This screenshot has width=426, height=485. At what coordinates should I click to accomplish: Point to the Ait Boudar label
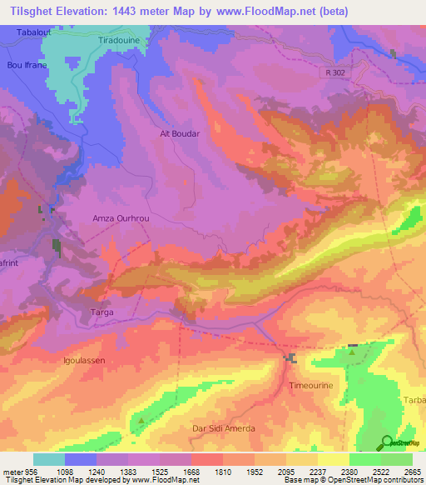[x=180, y=133]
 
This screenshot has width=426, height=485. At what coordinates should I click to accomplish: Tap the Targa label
[x=101, y=312]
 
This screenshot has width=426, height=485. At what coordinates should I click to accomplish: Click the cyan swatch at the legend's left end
[x=49, y=459]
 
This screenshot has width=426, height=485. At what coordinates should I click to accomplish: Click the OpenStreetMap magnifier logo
[x=388, y=442]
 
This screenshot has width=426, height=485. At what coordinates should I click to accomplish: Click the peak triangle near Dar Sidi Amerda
[x=141, y=420]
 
